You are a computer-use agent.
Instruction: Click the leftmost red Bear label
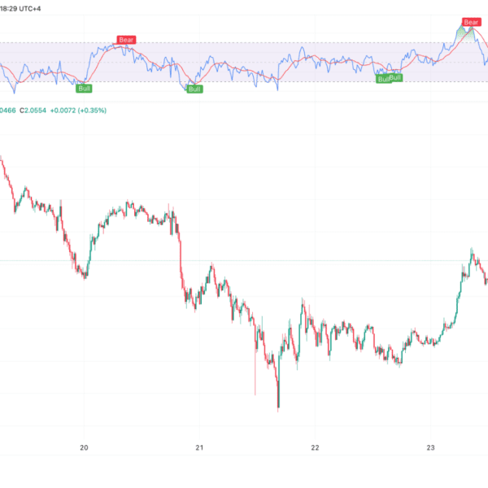(x=125, y=39)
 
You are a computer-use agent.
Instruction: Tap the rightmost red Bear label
(x=471, y=21)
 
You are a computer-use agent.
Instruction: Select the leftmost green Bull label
(x=84, y=87)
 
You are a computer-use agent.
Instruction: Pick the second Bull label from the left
(x=194, y=89)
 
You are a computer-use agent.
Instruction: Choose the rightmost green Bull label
(x=396, y=77)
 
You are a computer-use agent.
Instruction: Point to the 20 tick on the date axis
(x=84, y=447)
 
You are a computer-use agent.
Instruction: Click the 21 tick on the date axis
(x=199, y=447)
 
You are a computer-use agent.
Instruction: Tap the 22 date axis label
(x=316, y=447)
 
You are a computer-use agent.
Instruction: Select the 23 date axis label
(x=432, y=447)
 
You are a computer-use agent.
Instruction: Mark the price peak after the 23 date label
(x=471, y=251)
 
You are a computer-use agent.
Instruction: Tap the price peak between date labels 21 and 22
(x=303, y=301)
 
